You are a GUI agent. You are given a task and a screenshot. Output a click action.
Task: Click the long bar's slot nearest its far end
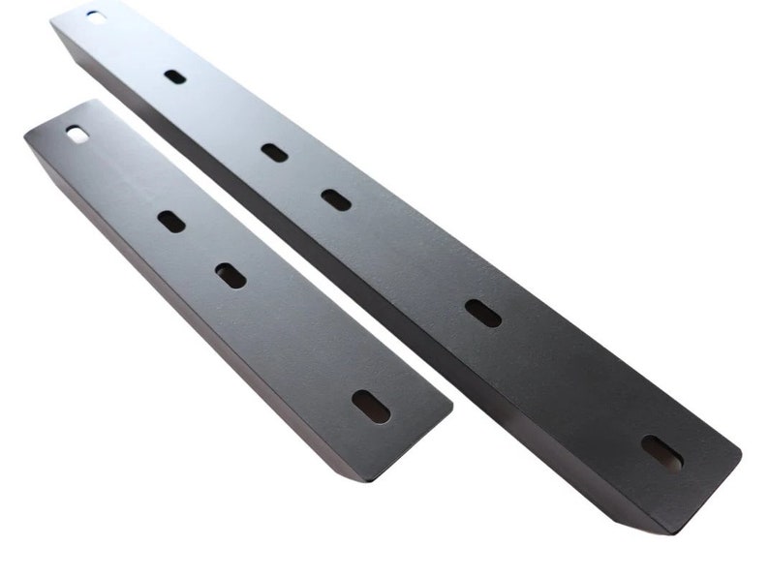tap(96, 15)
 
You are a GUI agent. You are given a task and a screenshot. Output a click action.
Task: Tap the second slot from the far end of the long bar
tap(175, 76)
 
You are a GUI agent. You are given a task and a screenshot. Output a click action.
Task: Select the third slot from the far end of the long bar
tap(274, 152)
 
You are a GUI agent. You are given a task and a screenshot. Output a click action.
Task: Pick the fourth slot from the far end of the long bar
tap(336, 199)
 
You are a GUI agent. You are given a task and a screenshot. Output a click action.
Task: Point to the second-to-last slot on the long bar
tap(482, 313)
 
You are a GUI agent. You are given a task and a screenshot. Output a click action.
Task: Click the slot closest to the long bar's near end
tap(661, 452)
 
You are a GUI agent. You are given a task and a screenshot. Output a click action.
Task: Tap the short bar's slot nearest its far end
tap(76, 135)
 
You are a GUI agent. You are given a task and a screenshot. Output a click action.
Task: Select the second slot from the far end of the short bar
tap(171, 222)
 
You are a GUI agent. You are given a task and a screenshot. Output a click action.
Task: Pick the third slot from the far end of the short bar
tap(231, 276)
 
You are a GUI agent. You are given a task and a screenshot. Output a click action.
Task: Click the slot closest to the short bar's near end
tap(371, 406)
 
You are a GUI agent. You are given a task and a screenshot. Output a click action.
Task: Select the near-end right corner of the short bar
tap(450, 408)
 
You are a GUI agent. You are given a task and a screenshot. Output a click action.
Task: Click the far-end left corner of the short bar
tap(26, 137)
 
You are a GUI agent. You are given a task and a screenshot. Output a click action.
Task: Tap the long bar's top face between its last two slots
tap(571, 382)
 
